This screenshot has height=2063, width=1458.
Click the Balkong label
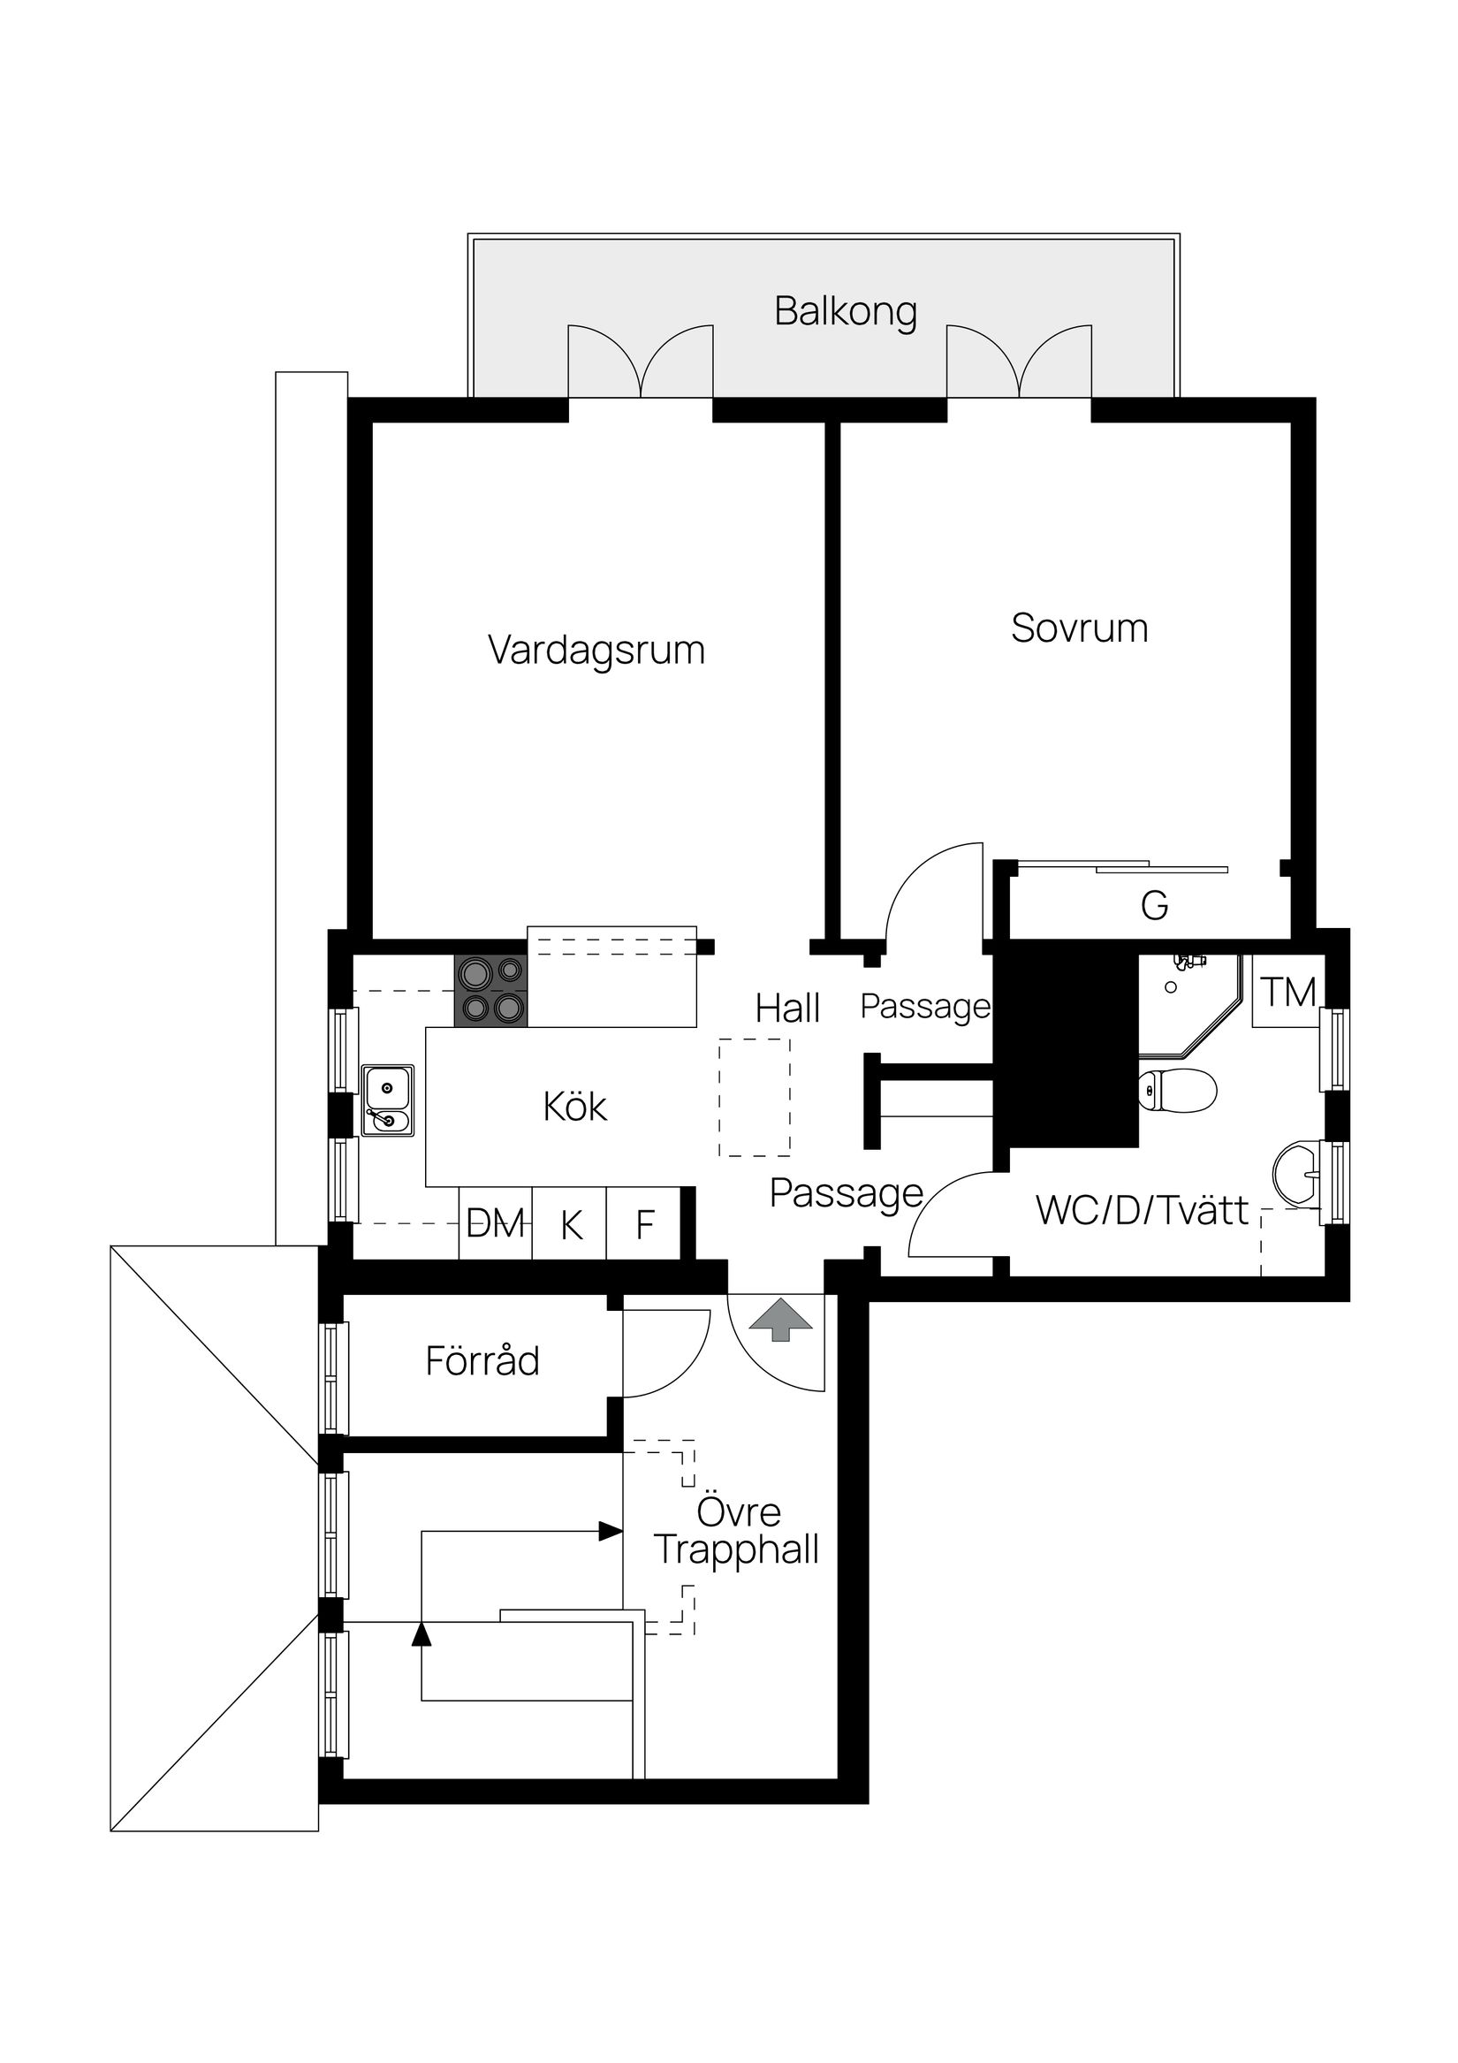[x=846, y=312]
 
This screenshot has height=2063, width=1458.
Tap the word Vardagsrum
[x=596, y=651]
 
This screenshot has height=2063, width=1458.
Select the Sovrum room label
[x=1079, y=628]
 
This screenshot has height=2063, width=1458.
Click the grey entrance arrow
[x=780, y=1319]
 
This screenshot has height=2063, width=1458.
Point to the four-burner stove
[x=490, y=990]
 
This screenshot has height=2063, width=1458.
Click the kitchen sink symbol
[x=388, y=1100]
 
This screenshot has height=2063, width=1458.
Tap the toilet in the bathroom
[x=1177, y=1091]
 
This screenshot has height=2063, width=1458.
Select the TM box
[x=1288, y=992]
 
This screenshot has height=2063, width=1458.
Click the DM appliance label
[x=496, y=1223]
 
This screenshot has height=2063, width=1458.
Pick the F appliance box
[x=644, y=1224]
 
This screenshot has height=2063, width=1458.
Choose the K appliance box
[x=571, y=1224]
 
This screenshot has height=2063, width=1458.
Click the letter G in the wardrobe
[x=1154, y=906]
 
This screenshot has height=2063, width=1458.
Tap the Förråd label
[x=482, y=1361]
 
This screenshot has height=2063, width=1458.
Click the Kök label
[x=575, y=1107]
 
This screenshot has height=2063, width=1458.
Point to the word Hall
[x=787, y=1009]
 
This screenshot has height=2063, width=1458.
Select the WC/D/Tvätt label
[x=1142, y=1210]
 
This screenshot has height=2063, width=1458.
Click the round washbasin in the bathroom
[x=1296, y=1173]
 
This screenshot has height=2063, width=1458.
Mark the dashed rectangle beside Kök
[x=755, y=1097]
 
